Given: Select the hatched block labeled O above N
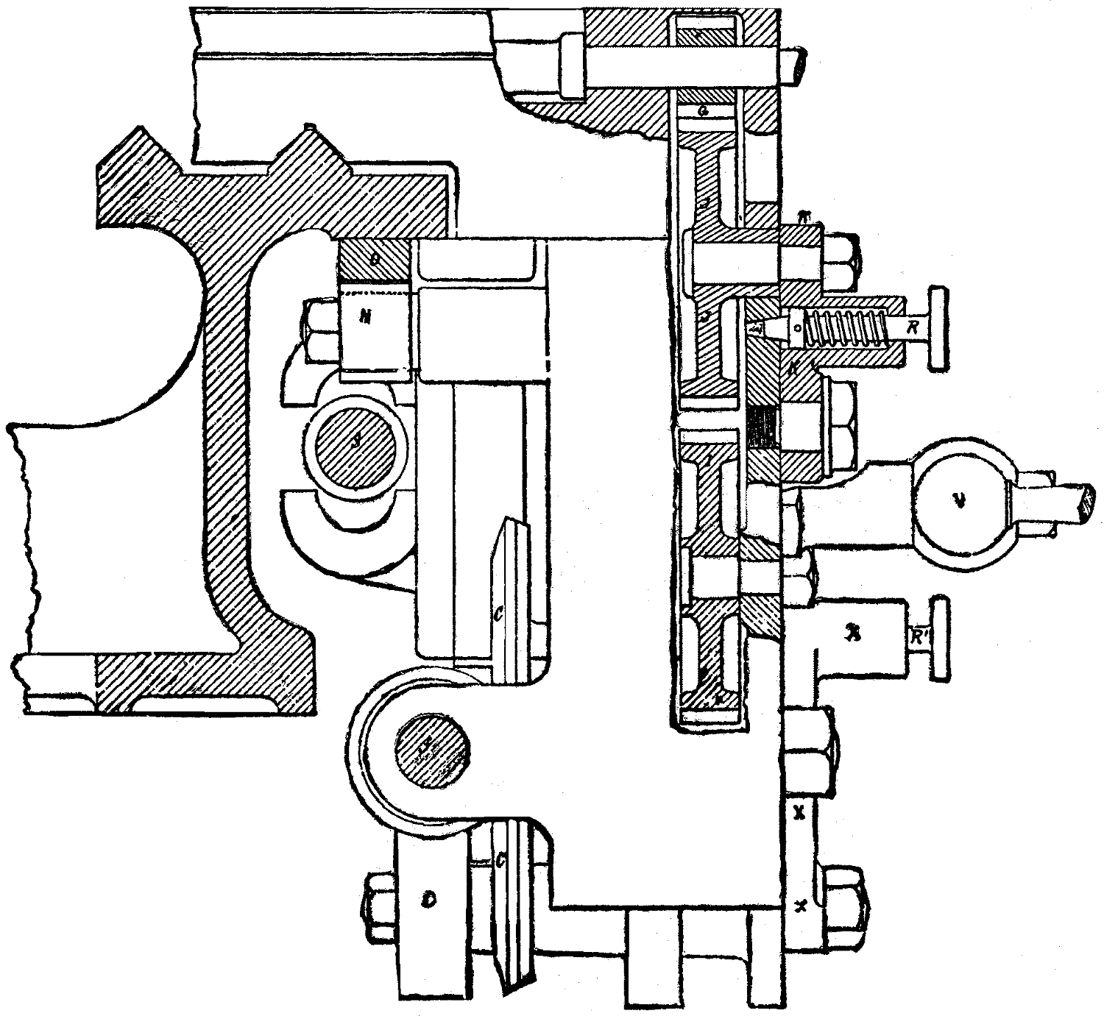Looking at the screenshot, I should click(374, 260).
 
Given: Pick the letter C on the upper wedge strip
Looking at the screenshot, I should click(498, 612).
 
